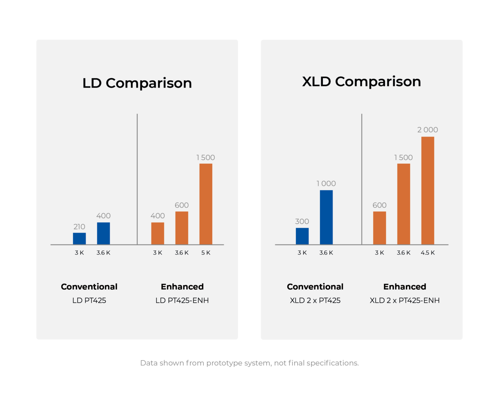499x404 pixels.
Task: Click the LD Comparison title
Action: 137,83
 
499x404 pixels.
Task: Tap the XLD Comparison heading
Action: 361,82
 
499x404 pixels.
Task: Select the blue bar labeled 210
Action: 79,239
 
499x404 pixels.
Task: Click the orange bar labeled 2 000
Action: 428,190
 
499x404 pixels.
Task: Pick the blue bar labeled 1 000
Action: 326,217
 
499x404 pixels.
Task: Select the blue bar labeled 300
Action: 302,236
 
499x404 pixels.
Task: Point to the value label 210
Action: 79,227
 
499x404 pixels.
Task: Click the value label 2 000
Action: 428,130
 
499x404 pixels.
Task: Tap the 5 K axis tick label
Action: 206,253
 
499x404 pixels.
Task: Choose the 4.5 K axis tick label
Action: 428,253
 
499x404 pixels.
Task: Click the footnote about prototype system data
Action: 249,363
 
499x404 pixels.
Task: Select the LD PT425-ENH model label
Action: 182,300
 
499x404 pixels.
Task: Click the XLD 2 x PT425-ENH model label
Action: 404,300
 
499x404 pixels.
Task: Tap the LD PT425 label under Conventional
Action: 89,300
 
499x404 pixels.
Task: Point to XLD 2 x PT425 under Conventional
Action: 315,300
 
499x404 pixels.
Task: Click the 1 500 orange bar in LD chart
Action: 206,204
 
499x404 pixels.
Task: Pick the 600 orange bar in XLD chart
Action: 379,228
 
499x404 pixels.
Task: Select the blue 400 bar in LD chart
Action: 103,233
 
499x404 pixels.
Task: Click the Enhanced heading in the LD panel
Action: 182,287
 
